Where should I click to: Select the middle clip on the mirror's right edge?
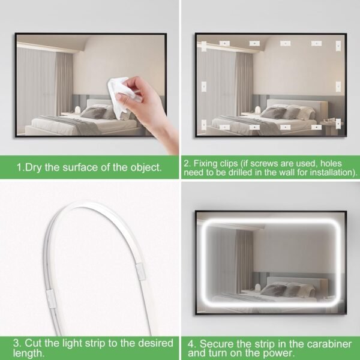(338, 86)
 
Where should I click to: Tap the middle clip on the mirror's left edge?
(203, 86)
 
